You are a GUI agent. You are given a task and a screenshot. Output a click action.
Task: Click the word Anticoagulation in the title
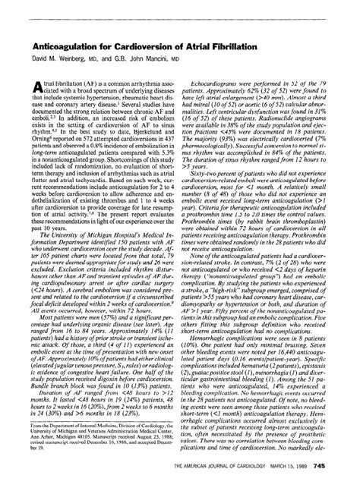pyautogui.click(x=52, y=25)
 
